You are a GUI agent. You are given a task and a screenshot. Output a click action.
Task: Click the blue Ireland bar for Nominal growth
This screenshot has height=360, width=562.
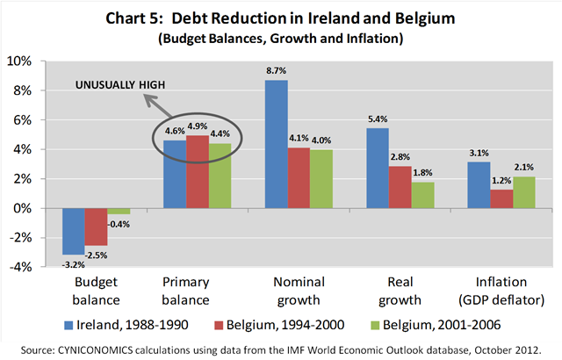point(275,144)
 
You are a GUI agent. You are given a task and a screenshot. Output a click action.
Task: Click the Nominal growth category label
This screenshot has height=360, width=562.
point(299,290)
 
